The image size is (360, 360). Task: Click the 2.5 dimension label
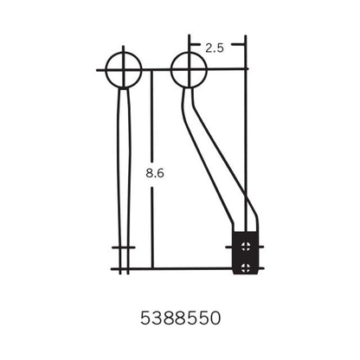pos(215,48)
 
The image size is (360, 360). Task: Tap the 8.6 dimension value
pos(156,173)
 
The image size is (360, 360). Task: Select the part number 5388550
pos(180,318)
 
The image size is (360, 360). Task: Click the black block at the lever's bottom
pos(247,253)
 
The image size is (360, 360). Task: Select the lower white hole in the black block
pos(247,265)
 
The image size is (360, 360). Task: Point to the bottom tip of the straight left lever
pos(125,270)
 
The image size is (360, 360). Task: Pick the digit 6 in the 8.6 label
pos(161,173)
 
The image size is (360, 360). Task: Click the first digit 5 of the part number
pos(145,318)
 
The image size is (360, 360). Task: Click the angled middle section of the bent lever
pos(209,156)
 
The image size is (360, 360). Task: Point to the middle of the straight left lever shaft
pos(125,173)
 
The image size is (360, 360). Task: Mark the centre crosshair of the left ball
pos(125,68)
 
